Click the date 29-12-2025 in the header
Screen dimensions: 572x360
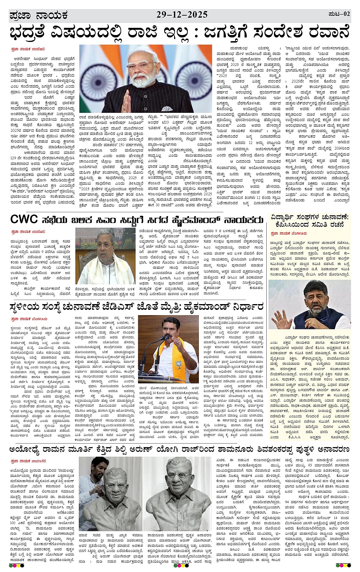click(x=182, y=15)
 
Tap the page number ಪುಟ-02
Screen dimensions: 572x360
click(x=339, y=14)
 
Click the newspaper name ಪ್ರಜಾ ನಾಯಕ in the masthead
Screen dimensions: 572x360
click(x=38, y=16)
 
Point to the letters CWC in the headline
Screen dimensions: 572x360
click(x=24, y=220)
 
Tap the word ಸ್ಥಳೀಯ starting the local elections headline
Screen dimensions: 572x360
click(x=26, y=306)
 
